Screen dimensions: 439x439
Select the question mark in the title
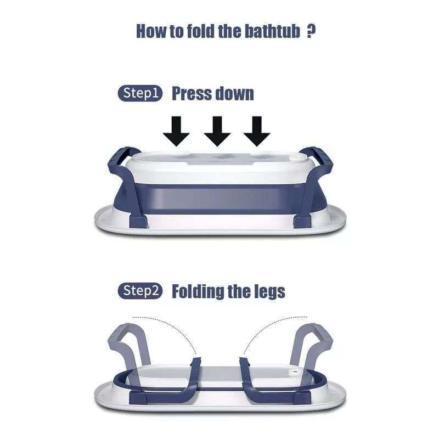click(311, 31)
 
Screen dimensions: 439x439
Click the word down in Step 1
click(234, 93)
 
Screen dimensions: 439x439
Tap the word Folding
click(199, 291)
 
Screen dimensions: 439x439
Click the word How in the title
click(149, 31)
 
